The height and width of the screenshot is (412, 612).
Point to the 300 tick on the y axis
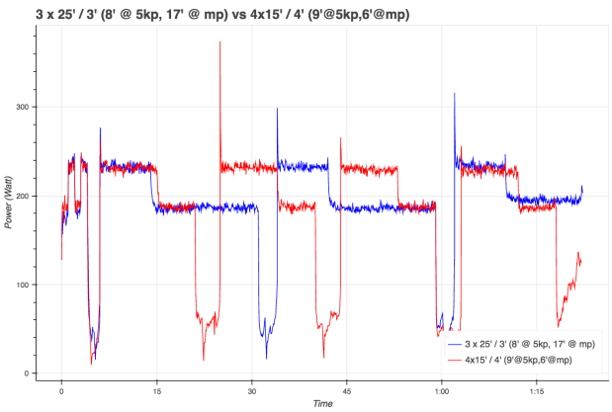[20, 107]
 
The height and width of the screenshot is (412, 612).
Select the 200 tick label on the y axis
[20, 196]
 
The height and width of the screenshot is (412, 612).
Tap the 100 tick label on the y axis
[20, 285]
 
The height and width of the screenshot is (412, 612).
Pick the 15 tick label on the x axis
[156, 389]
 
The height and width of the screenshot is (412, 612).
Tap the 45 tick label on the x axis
[346, 389]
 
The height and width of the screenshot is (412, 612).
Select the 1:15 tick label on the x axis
[536, 389]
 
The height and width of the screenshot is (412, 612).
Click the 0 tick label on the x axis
[61, 389]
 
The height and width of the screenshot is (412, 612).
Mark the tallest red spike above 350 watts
[219, 42]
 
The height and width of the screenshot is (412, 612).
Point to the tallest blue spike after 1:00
[455, 94]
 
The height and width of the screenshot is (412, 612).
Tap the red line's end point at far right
[581, 261]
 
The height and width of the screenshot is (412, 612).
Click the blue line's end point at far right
[582, 187]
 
